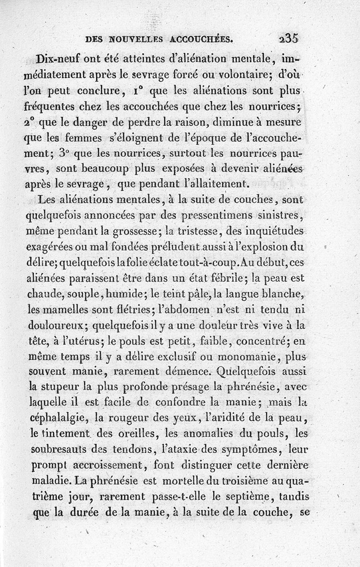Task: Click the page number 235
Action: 288,39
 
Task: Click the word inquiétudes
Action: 273,231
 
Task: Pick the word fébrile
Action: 223,278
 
